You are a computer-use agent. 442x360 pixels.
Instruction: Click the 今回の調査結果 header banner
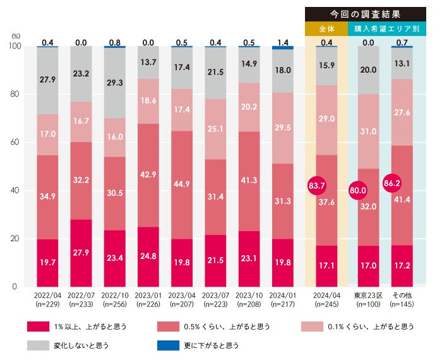coord(366,13)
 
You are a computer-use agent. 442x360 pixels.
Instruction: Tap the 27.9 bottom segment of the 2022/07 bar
coord(80,253)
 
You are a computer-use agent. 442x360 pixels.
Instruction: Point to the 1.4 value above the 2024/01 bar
coord(282,42)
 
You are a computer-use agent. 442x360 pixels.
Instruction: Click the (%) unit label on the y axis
coord(15,37)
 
